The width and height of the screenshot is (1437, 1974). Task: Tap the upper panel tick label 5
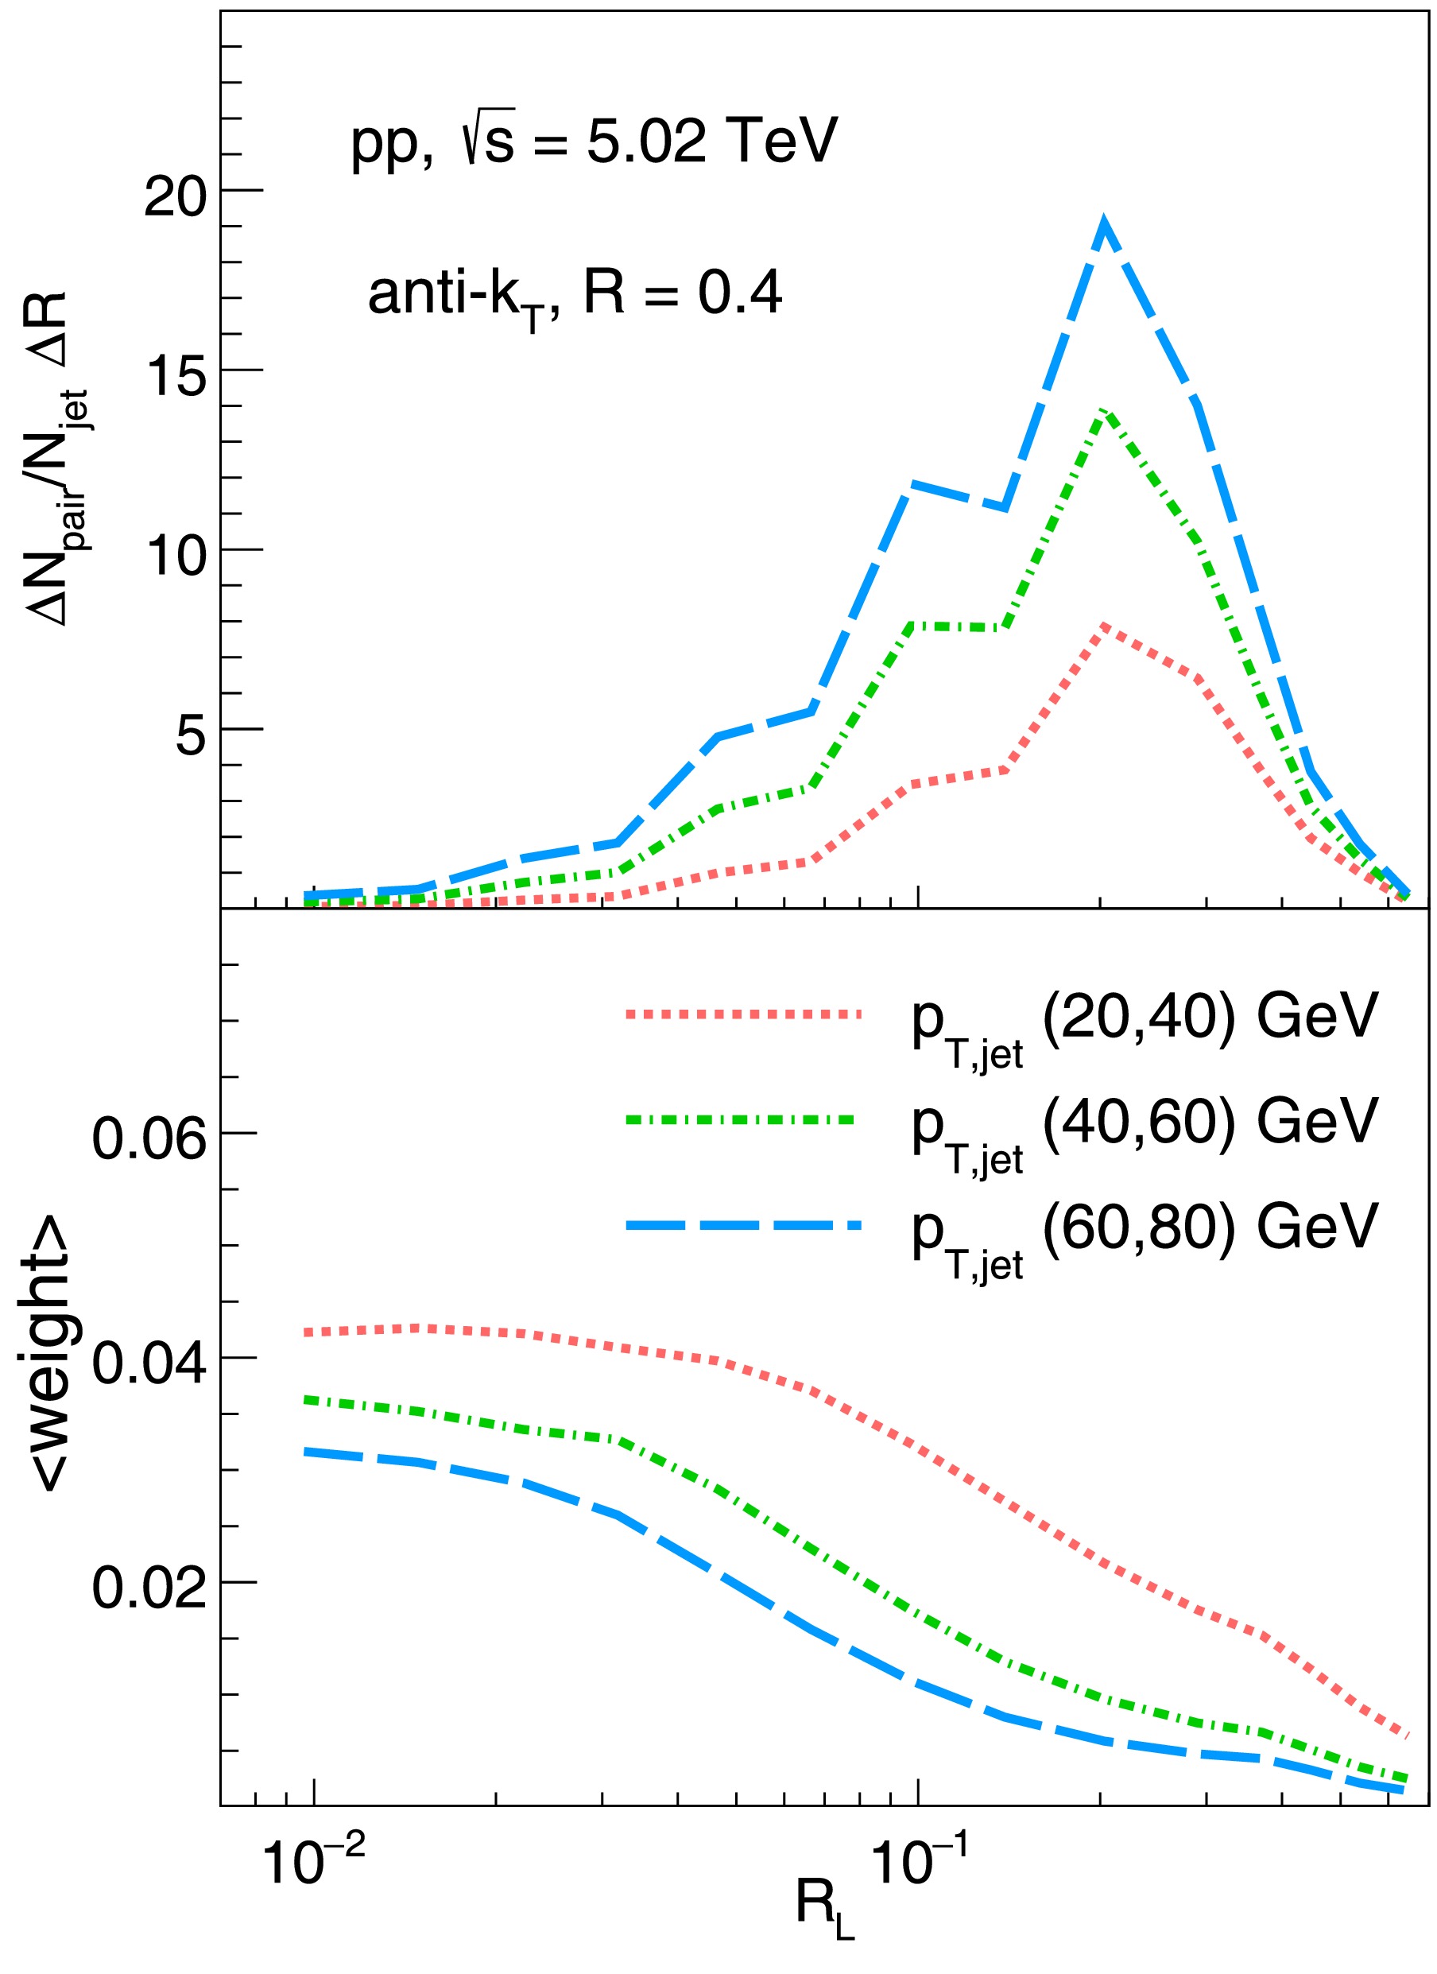point(191,735)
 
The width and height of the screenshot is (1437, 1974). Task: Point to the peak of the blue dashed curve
point(1105,224)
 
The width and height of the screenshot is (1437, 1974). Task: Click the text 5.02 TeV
point(711,141)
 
